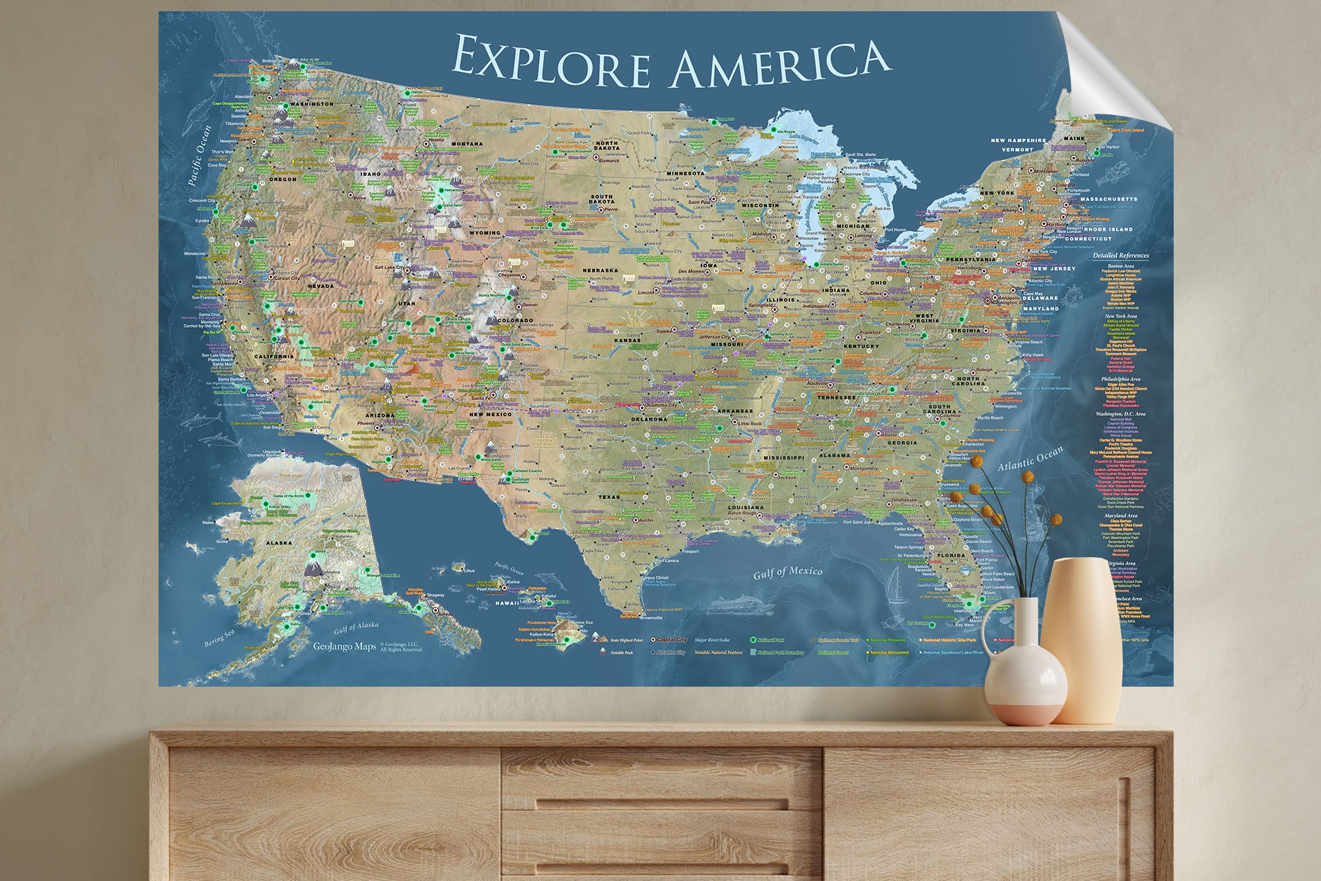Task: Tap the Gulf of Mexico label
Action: pos(787,572)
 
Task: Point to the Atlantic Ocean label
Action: pos(1030,458)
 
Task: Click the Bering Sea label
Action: pos(219,638)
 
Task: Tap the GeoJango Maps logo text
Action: pos(344,646)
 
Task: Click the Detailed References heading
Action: pos(1120,255)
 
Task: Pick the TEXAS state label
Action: pos(609,497)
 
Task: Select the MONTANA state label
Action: pos(466,143)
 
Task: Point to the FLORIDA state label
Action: pos(951,555)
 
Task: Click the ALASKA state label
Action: pos(279,543)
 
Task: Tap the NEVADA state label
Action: pos(322,286)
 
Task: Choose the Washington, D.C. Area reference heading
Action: pos(1120,414)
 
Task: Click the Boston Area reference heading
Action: pos(1120,266)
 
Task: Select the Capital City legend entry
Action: pos(671,640)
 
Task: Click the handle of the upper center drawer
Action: pos(660,804)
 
